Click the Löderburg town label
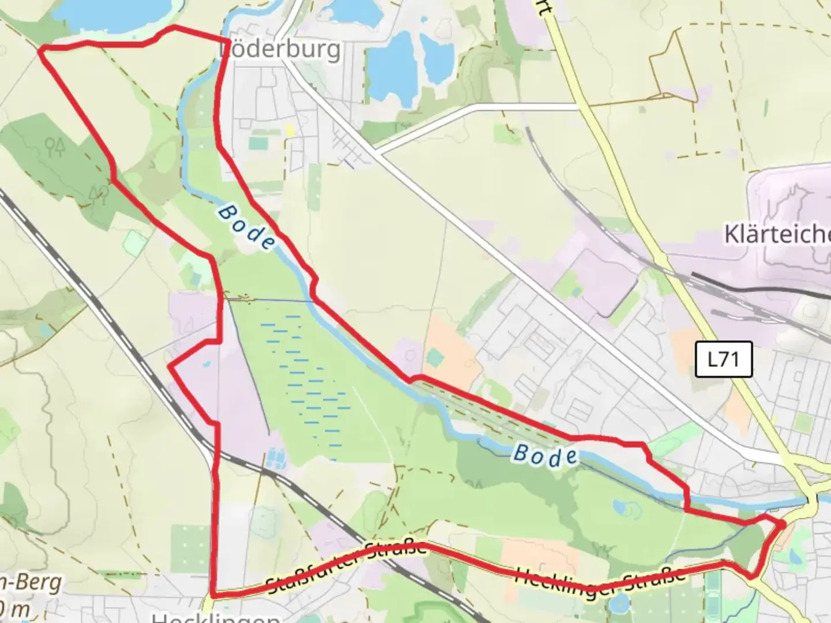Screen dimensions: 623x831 280,50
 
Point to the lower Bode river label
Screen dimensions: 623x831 545,456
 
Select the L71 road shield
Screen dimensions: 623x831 723,359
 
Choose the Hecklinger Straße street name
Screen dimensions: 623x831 600,581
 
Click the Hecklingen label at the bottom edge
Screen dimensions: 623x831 216,617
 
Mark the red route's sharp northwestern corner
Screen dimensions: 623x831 41,51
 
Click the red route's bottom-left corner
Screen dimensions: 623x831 214,594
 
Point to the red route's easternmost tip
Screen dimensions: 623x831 783,525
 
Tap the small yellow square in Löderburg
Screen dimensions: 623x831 290,132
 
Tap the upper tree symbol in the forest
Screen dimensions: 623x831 55,147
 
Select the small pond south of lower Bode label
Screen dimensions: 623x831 623,508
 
